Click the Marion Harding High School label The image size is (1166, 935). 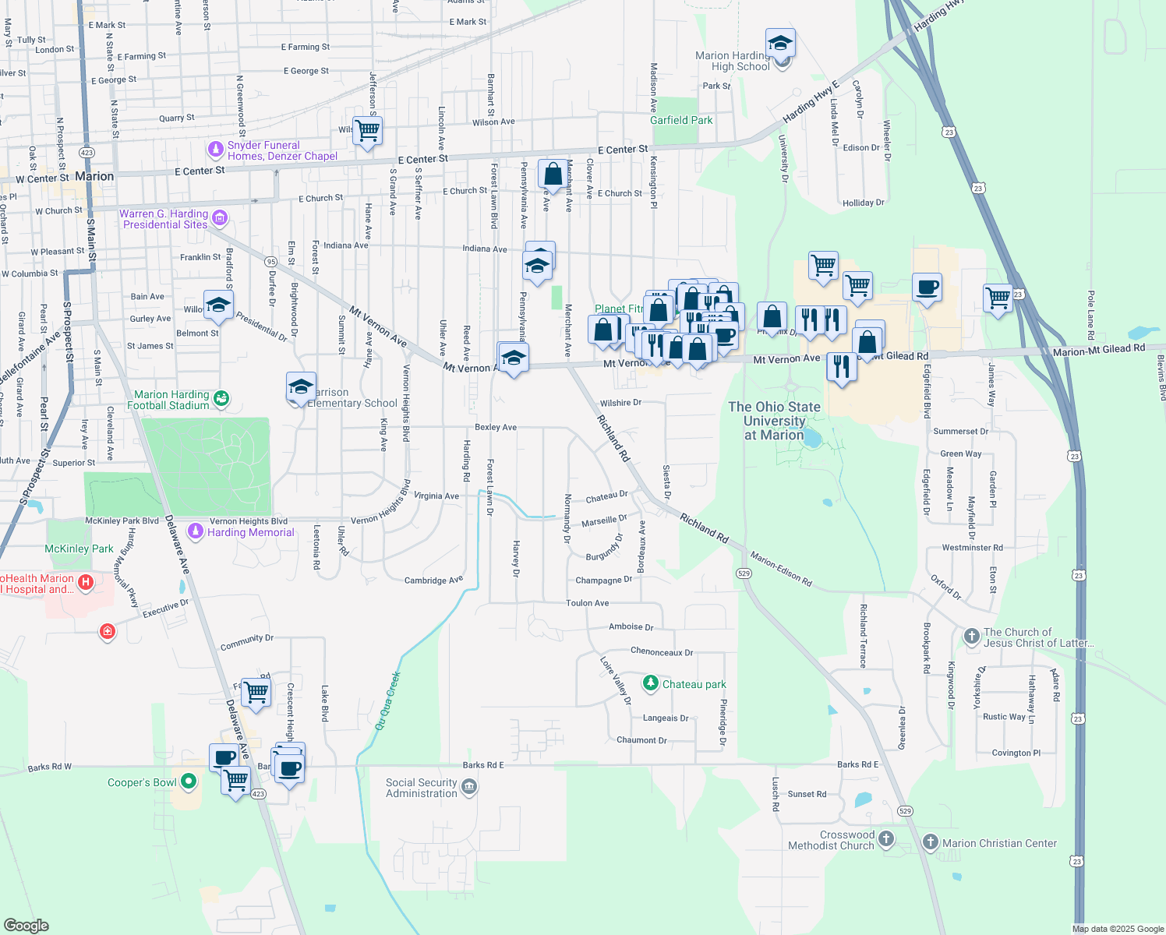(733, 61)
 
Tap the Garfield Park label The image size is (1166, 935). (681, 120)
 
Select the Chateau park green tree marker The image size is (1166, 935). (650, 683)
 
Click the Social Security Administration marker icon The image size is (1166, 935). (468, 787)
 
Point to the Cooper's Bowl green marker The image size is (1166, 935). (188, 781)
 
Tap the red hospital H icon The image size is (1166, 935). (87, 581)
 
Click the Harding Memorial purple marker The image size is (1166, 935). (196, 531)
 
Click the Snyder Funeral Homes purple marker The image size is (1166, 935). (216, 148)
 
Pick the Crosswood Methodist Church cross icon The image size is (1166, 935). (885, 838)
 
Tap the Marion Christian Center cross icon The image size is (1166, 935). (930, 841)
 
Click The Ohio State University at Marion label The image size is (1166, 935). (774, 421)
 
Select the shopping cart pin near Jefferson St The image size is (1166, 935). (367, 131)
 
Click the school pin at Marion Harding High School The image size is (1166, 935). (779, 44)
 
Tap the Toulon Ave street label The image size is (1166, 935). (587, 603)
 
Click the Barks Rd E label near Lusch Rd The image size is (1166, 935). (857, 764)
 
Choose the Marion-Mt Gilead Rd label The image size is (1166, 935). (1098, 351)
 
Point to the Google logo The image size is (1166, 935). (26, 925)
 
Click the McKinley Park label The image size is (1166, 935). (79, 549)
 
